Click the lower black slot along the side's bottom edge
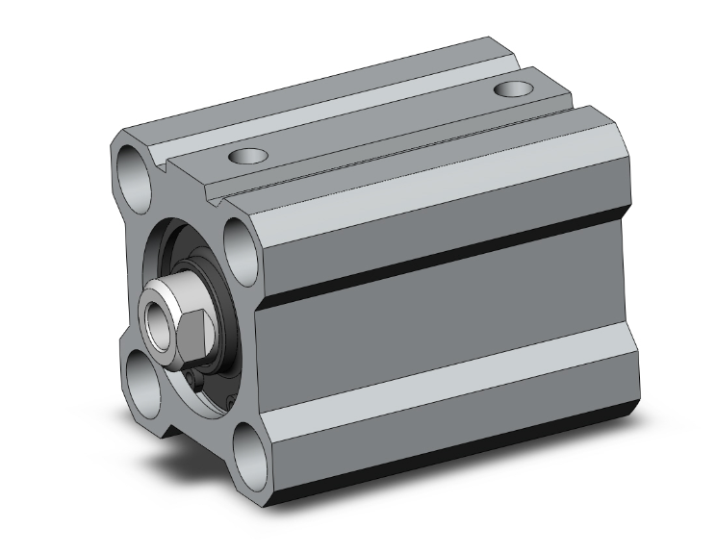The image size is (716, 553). coord(443,452)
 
